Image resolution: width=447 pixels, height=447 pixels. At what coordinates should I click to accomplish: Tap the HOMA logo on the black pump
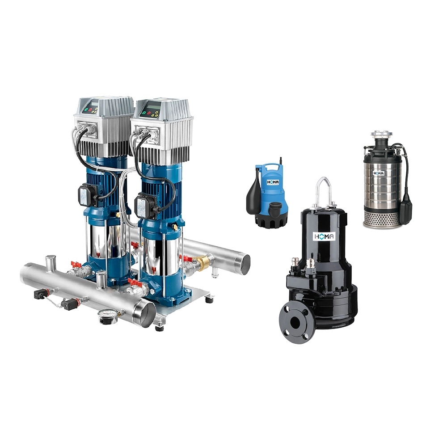pos(325,236)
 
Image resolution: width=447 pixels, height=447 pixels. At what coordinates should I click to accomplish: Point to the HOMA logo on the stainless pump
pos(379,173)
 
